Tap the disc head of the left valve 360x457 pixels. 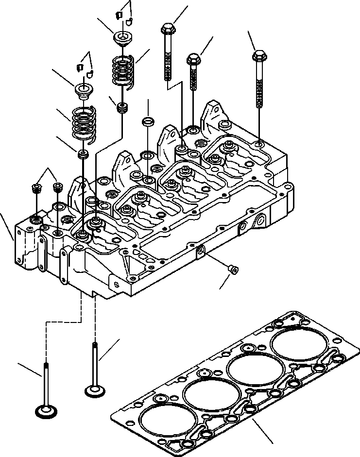point(46,412)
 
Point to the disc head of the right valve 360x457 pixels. point(93,390)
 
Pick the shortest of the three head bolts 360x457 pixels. point(193,60)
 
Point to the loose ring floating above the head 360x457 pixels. point(148,120)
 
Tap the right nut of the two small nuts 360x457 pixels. point(59,186)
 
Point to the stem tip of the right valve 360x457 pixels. point(93,344)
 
